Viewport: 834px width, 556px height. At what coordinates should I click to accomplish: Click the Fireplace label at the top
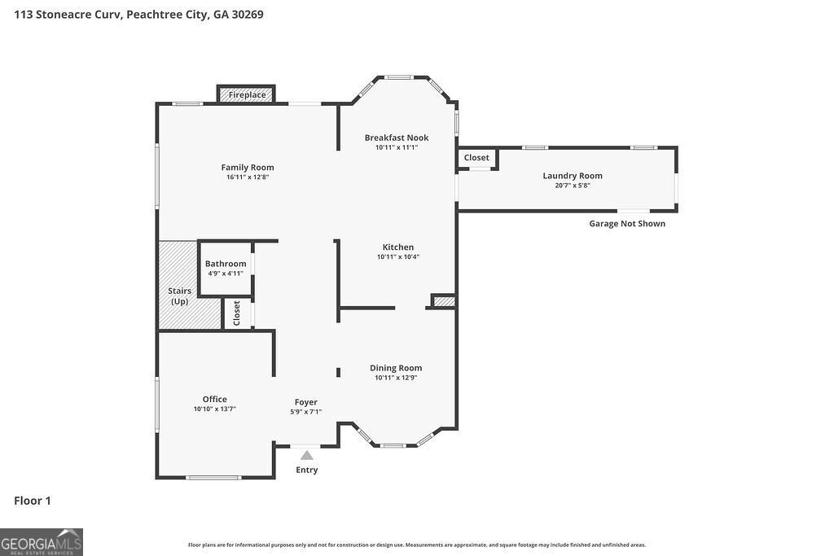point(247,95)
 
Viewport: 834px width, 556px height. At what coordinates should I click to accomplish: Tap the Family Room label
point(247,168)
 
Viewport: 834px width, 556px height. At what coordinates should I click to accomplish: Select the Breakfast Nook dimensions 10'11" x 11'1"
point(396,147)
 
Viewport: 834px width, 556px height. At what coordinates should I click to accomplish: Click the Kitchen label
point(398,247)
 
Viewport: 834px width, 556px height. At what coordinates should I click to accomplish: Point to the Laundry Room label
point(573,176)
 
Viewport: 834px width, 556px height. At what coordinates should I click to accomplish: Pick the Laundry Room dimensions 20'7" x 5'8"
point(573,186)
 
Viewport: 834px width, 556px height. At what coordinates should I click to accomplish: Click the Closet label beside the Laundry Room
point(476,158)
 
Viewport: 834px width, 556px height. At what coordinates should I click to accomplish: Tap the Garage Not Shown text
point(627,224)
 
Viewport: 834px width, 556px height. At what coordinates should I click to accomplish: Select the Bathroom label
point(226,264)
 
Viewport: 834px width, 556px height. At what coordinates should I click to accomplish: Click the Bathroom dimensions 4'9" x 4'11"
point(226,274)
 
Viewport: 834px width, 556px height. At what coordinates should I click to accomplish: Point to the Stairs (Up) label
point(179,296)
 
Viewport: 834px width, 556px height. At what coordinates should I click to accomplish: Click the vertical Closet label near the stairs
point(237,313)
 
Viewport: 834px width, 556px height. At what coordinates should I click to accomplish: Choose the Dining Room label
point(396,368)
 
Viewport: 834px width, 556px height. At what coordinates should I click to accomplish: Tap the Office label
point(215,399)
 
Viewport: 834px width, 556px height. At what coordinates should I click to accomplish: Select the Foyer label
point(306,402)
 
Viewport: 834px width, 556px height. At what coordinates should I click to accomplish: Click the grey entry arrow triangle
point(306,456)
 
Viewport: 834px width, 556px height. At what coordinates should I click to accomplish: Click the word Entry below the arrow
point(306,470)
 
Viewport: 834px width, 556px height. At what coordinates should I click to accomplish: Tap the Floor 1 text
point(33,501)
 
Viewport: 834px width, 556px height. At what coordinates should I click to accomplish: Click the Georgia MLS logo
point(42,542)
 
